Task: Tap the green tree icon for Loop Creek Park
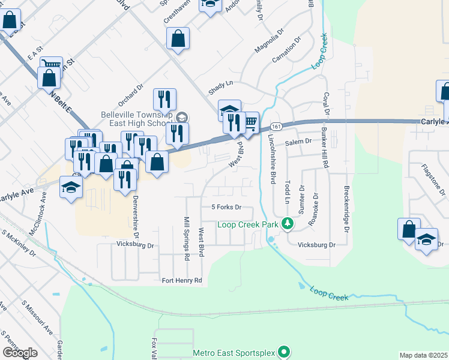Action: [288, 224]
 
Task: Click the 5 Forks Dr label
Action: [226, 207]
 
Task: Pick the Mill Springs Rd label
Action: [187, 238]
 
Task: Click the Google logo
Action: [20, 352]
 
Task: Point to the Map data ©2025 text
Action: [423, 355]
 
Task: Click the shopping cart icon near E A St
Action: [52, 65]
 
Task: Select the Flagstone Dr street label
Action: [433, 179]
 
